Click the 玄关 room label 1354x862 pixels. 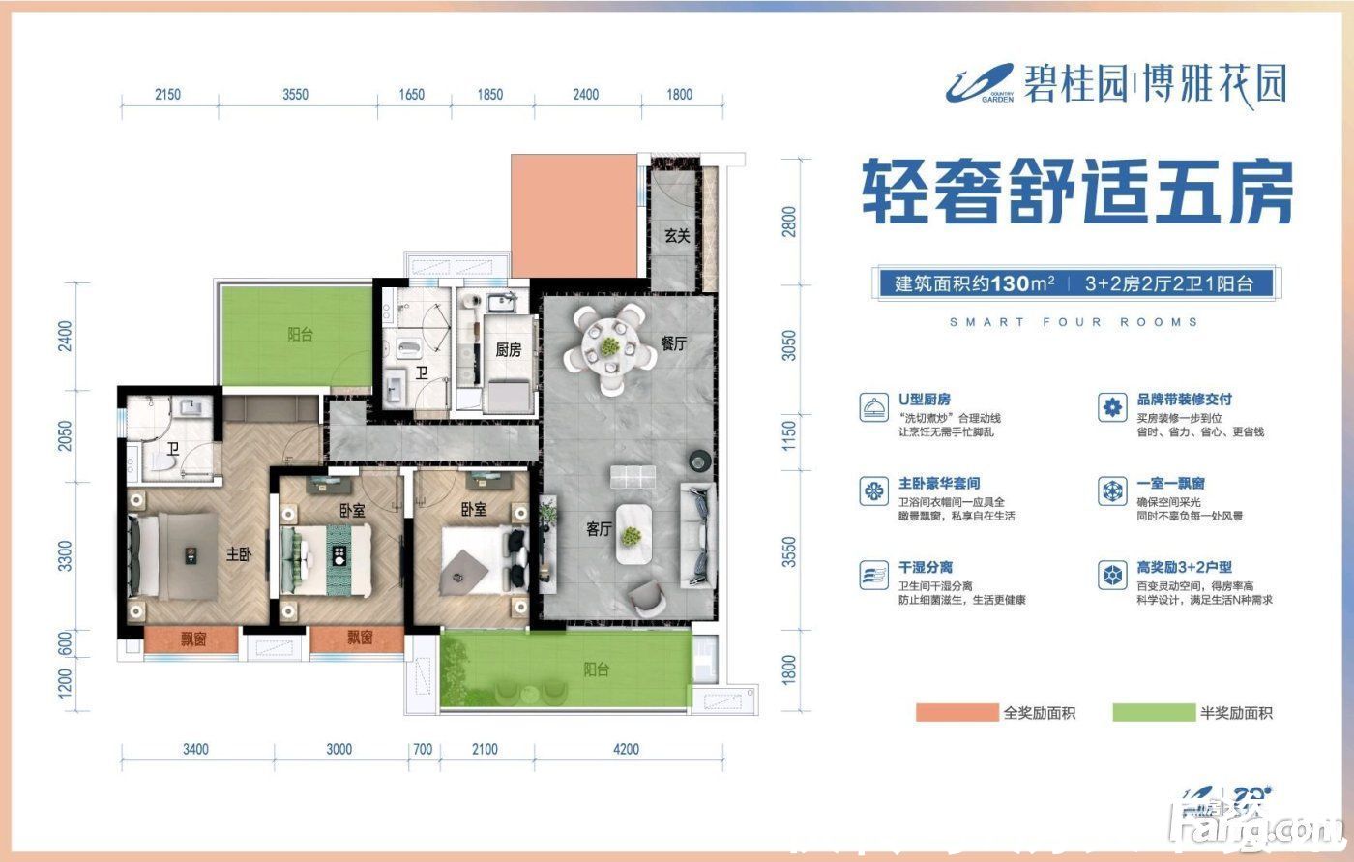[676, 235]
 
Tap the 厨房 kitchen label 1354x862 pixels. [508, 350]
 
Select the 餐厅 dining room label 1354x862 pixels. [673, 343]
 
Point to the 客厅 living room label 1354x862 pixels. [600, 529]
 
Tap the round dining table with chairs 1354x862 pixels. [609, 347]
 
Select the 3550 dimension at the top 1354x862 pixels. [295, 95]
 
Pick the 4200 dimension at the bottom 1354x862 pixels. [626, 749]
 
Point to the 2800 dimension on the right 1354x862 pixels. [790, 222]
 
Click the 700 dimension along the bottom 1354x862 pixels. [422, 749]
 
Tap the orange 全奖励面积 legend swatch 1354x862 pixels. [957, 713]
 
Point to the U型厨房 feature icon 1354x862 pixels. [873, 408]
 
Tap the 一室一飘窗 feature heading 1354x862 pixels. [1170, 483]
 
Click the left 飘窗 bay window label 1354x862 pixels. [192, 639]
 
